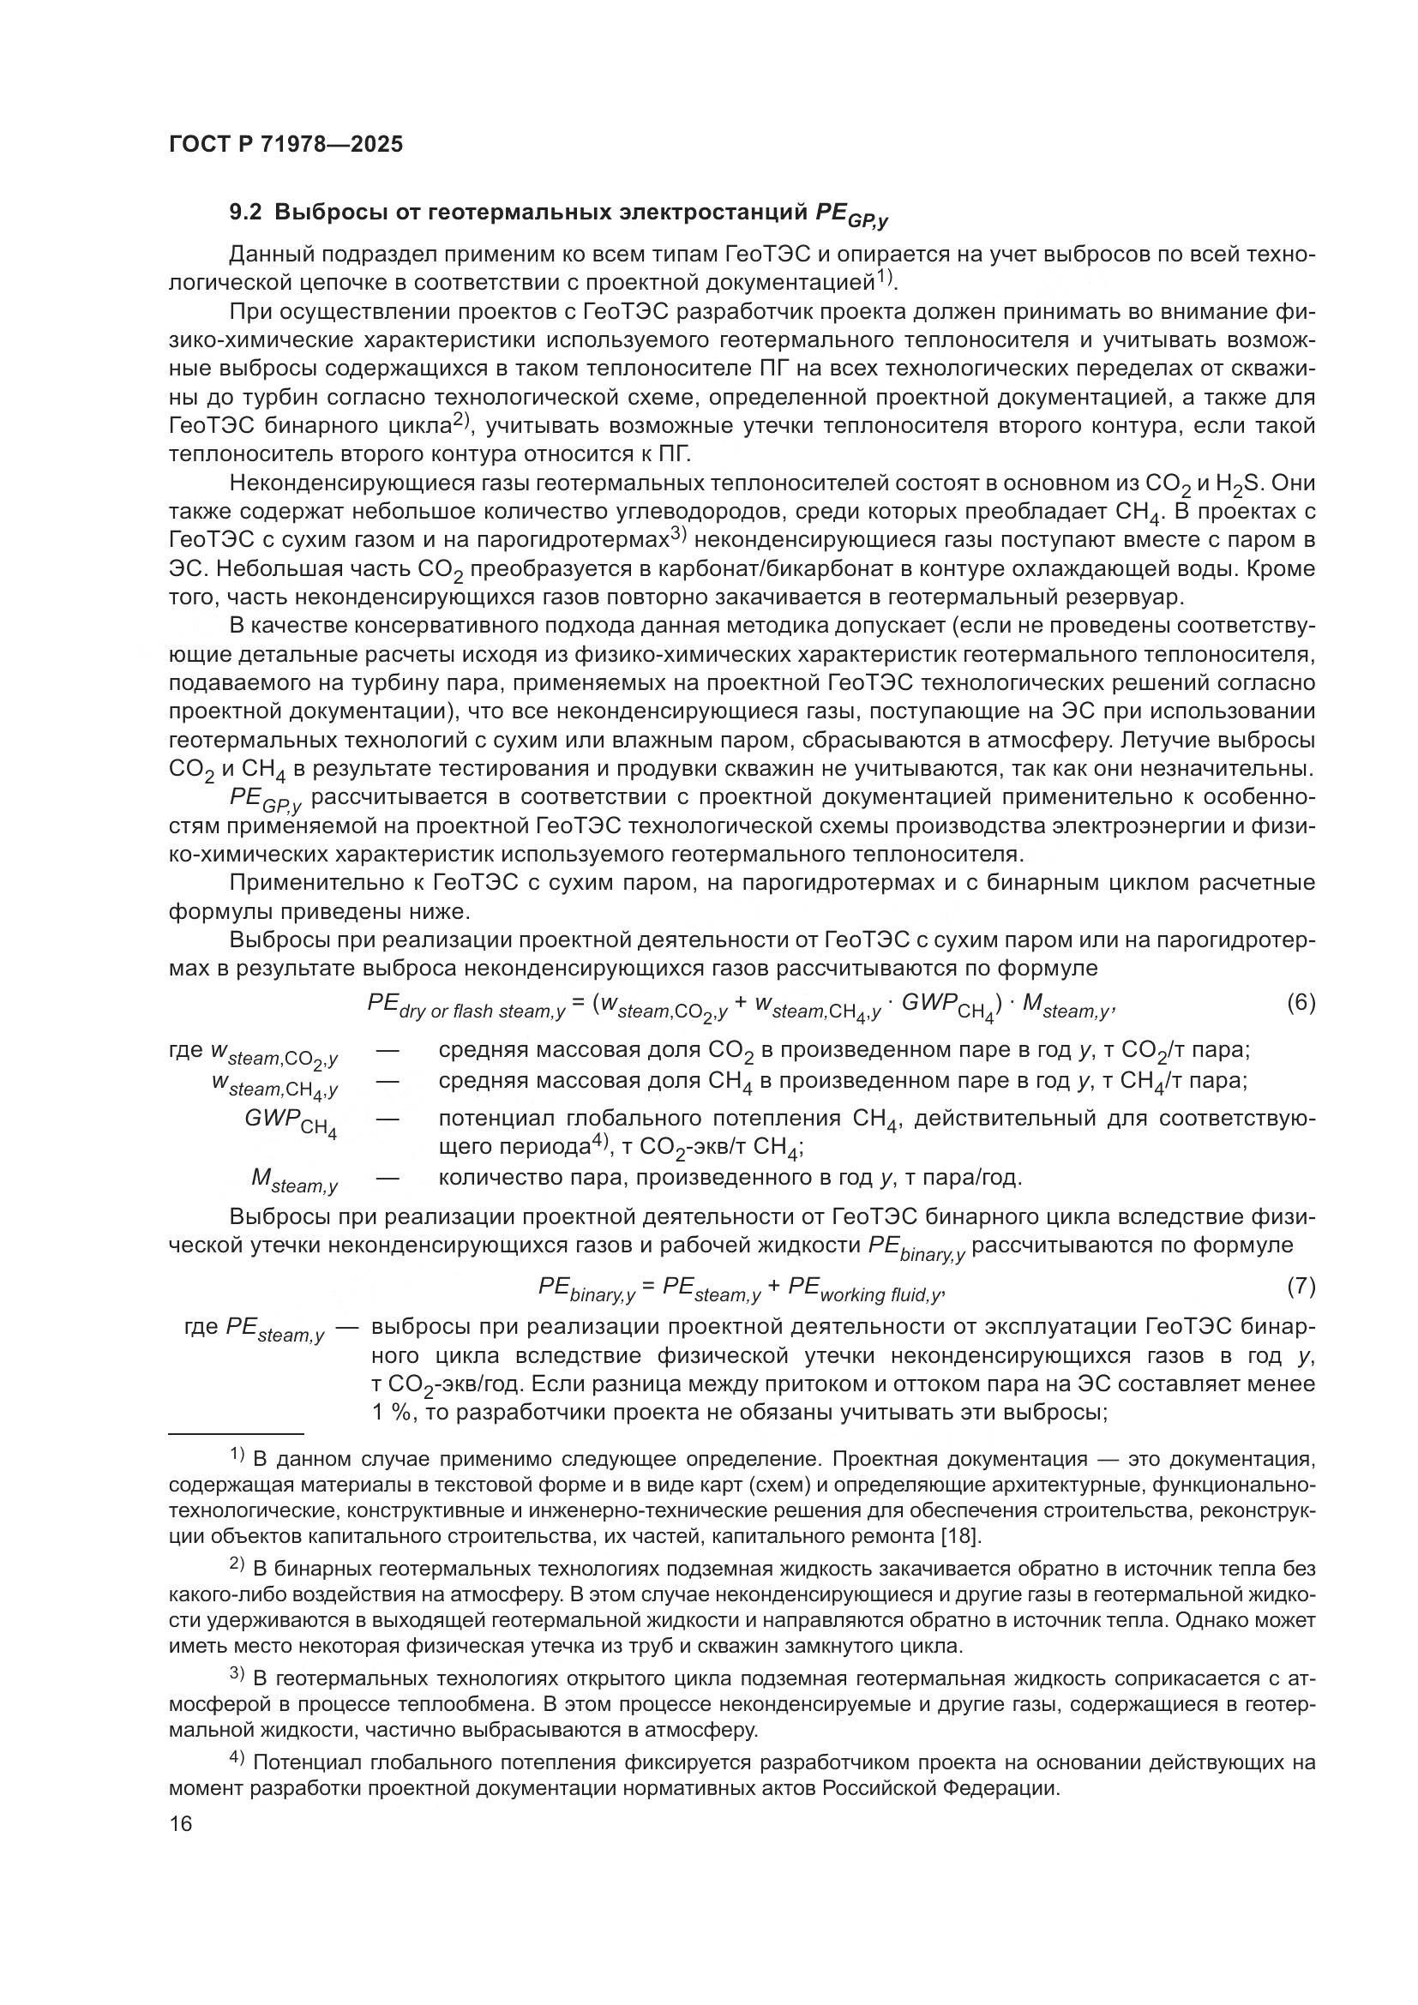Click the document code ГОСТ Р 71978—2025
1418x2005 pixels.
pos(285,145)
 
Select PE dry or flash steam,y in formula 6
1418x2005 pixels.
pos(466,1006)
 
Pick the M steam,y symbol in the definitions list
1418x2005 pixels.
pos(294,1180)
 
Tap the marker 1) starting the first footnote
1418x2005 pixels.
pos(237,1455)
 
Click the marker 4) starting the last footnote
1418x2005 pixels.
pos(237,1761)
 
